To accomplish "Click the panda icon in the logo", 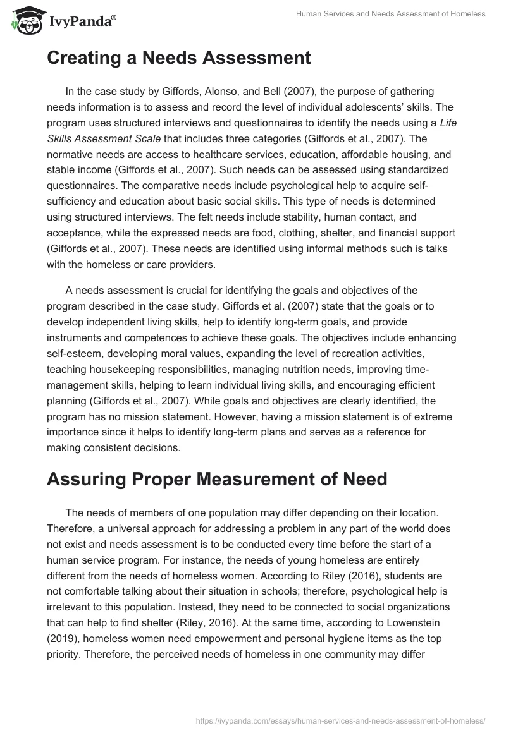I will click(x=25, y=21).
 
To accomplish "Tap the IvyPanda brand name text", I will click(x=82, y=21).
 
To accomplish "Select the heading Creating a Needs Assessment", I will click(x=178, y=58).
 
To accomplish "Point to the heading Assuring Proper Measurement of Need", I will click(x=217, y=479).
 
